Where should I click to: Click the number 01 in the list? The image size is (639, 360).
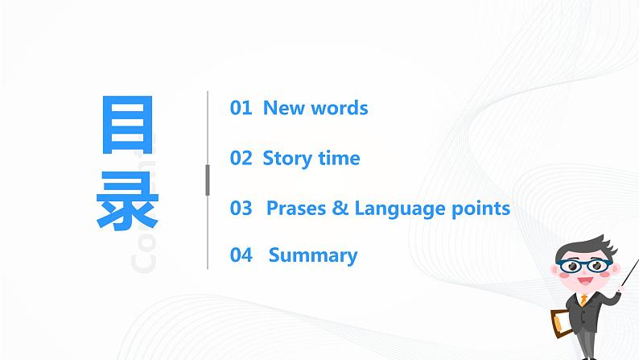[241, 108]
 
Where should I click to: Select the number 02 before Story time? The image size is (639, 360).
[241, 158]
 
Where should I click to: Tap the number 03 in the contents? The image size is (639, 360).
[241, 209]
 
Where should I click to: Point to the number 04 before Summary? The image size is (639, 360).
[241, 256]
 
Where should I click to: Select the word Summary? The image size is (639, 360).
[313, 256]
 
